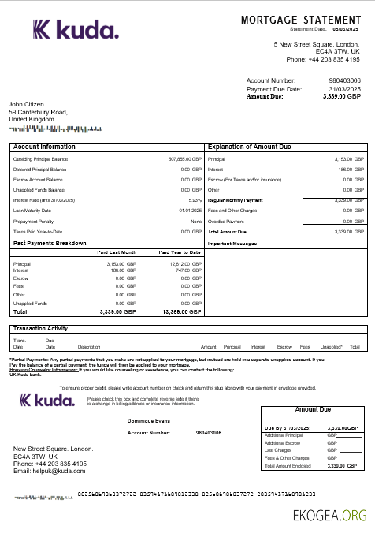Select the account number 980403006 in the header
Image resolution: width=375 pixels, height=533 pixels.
[x=344, y=80]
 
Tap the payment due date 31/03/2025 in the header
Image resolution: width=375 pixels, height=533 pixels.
[x=344, y=89]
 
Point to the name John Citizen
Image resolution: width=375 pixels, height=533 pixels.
[x=32, y=104]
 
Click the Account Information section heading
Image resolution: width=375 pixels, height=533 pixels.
[x=45, y=147]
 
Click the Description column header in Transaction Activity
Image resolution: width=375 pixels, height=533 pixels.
[x=88, y=347]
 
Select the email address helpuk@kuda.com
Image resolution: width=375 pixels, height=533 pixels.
[x=49, y=471]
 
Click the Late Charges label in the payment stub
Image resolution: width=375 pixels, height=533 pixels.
[x=278, y=451]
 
